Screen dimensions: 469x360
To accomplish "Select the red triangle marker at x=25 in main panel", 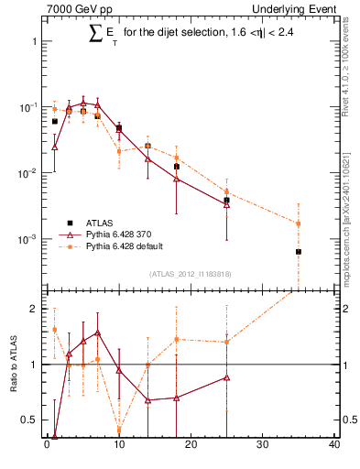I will pyautogui.click(x=226, y=204).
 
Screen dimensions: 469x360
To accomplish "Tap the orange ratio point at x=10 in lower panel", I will pyautogui.click(x=119, y=429).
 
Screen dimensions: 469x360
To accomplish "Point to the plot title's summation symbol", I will pyautogui.click(x=95, y=35).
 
